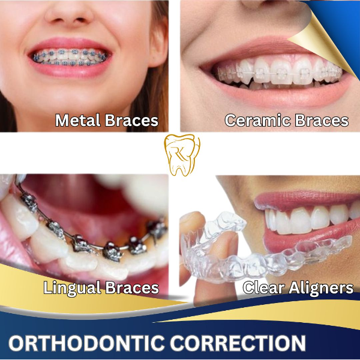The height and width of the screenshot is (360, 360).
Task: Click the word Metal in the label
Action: pos(76,121)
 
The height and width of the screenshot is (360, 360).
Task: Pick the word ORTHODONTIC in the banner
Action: pos(88,344)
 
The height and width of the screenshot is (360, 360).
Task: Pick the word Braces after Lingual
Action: pos(130,288)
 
